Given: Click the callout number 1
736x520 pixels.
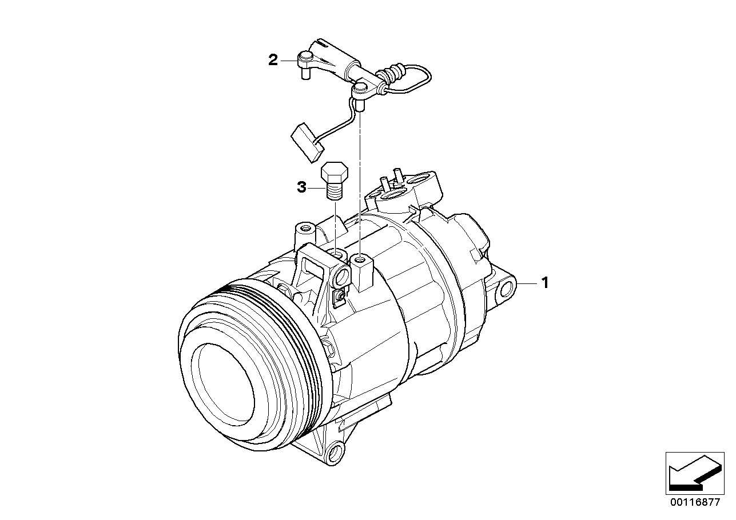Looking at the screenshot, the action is (x=545, y=283).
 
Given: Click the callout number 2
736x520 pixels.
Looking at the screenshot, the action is (x=273, y=60).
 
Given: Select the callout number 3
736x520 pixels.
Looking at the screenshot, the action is (x=301, y=187).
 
